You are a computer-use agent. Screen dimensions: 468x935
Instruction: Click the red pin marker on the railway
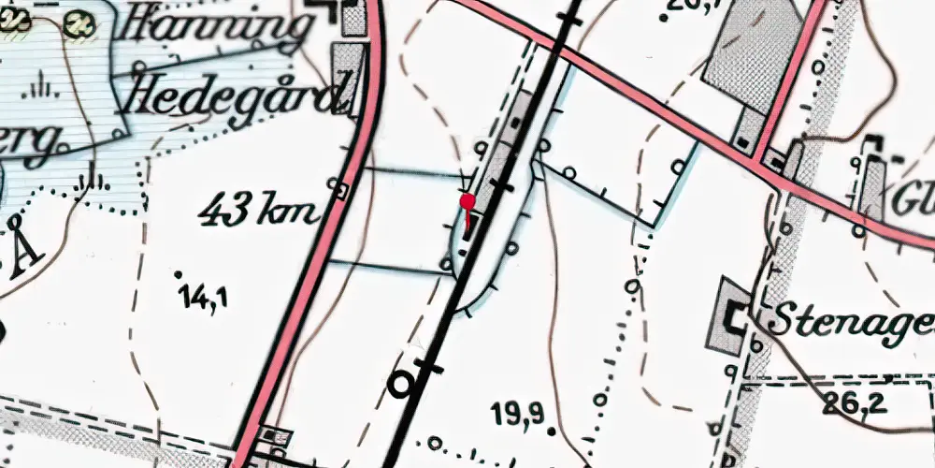[467, 201]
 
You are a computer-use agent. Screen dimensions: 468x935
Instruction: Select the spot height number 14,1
[206, 299]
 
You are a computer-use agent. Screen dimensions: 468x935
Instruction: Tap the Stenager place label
[851, 321]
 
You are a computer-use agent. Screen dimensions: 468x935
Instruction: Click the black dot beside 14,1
[178, 274]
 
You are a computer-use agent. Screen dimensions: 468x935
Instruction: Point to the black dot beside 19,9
[552, 431]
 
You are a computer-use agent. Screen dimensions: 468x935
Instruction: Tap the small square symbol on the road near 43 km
[342, 191]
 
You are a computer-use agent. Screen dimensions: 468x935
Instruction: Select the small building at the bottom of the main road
[274, 435]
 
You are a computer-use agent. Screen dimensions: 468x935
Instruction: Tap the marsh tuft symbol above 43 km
[93, 180]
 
